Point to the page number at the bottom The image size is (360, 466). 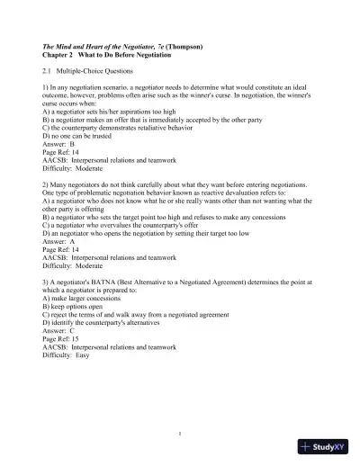click(x=180, y=434)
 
